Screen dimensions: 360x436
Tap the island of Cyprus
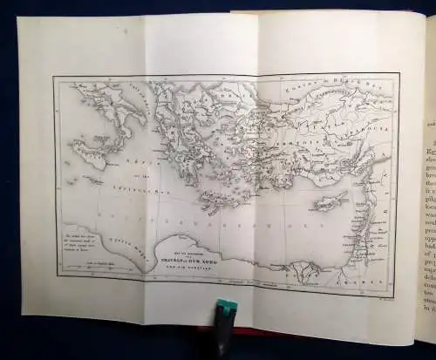pyautogui.click(x=325, y=202)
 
